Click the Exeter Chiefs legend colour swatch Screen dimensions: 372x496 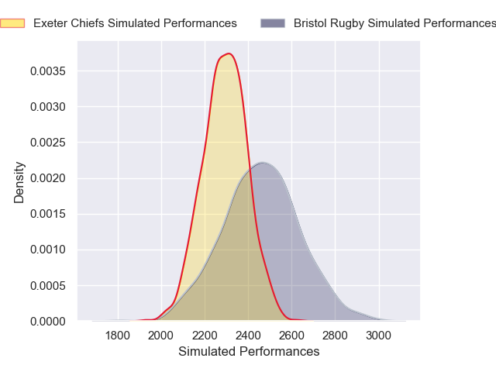click(x=12, y=23)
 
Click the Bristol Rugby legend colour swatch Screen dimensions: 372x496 click(x=273, y=23)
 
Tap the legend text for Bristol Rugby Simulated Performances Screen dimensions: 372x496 click(x=394, y=23)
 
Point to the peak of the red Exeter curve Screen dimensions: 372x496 click(x=229, y=53)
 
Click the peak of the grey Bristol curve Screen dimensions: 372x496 click(x=263, y=162)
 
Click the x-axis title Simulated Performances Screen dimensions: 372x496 click(x=249, y=352)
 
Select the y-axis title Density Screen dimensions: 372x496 click(x=19, y=182)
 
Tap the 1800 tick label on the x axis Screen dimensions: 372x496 click(x=118, y=336)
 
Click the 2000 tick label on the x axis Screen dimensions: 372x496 click(x=161, y=336)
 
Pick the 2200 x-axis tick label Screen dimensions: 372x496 click(x=205, y=336)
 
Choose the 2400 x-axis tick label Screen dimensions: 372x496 click(x=248, y=336)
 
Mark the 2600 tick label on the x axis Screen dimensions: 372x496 click(x=291, y=336)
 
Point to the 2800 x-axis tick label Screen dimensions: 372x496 click(x=335, y=336)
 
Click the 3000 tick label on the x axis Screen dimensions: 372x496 click(x=378, y=336)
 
